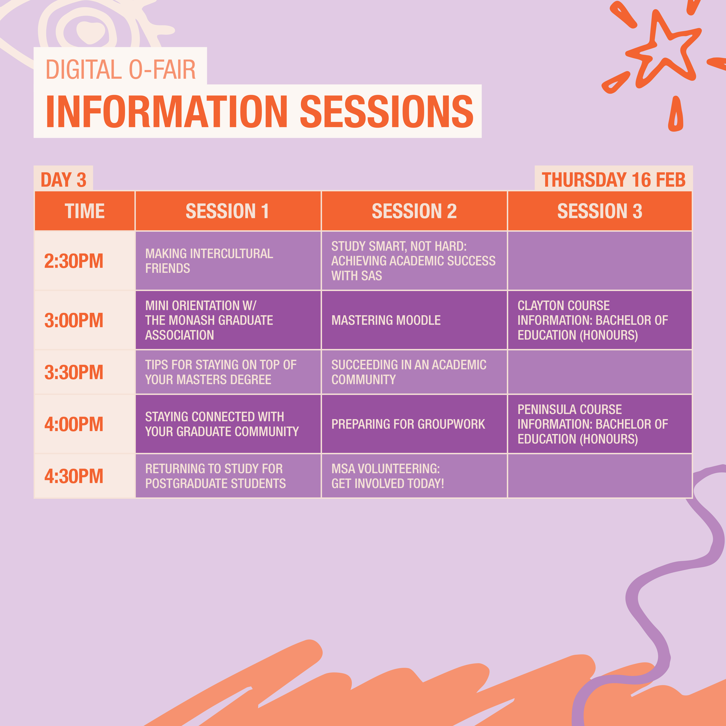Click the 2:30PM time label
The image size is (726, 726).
tap(74, 261)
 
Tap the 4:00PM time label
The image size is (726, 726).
tap(74, 424)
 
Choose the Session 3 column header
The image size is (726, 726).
tap(600, 211)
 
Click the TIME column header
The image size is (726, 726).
tap(85, 211)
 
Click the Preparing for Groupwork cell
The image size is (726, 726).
tap(414, 424)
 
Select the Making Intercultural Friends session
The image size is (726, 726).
tap(228, 261)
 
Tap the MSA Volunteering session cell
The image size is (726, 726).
tap(414, 476)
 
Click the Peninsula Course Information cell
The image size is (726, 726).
tap(600, 424)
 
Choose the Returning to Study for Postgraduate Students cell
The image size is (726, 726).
tap(228, 476)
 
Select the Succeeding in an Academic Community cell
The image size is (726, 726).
tap(414, 372)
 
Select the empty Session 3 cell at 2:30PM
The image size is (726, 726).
tap(600, 261)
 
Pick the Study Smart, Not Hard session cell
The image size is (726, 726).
tap(414, 261)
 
